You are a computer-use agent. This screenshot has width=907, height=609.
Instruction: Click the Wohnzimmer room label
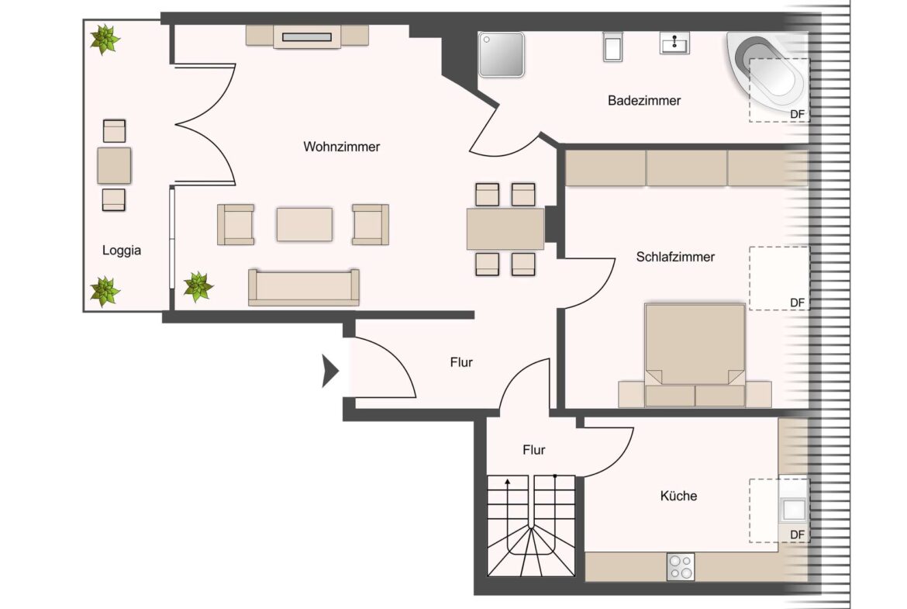coord(341,147)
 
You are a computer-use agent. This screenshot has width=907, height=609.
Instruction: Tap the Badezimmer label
coord(643,101)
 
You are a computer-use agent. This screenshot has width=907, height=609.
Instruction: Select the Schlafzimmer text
coord(674,257)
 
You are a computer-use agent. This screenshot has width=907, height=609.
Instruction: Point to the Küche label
coord(678,496)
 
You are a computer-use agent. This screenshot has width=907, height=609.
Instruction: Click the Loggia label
coord(122,251)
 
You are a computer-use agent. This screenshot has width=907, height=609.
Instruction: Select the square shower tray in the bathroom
coord(502,54)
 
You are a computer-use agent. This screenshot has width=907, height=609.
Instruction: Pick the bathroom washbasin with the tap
coord(674,43)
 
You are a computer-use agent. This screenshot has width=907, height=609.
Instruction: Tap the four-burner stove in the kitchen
coord(681,567)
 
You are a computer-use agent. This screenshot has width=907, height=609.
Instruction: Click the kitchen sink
coord(792,510)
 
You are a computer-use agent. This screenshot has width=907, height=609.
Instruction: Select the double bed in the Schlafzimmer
coord(695,345)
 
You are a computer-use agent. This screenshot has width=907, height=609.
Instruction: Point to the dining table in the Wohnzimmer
coord(505,229)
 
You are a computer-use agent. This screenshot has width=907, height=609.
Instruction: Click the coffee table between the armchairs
coord(304,224)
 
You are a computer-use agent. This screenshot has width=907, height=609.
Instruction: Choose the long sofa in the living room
coord(304,287)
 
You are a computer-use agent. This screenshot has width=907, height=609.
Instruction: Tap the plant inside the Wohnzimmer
coord(198,287)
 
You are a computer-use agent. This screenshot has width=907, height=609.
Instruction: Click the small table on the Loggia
coord(114,164)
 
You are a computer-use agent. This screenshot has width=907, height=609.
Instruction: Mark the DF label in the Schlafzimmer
coord(796,302)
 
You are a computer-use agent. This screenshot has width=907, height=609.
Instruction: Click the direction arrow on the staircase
coord(508,483)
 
